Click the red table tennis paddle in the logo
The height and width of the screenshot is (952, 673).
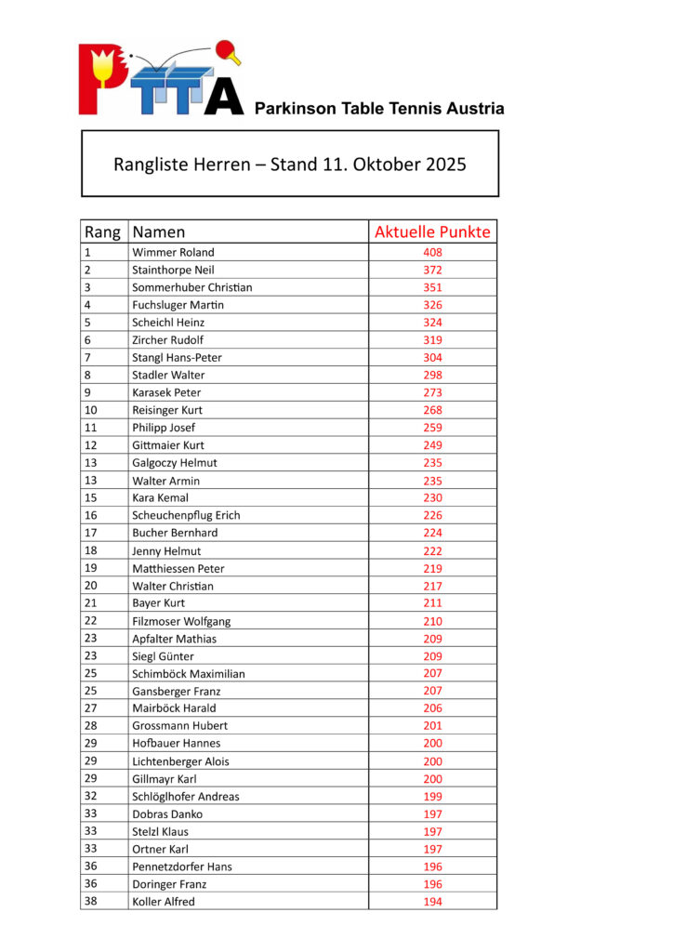[x=226, y=49]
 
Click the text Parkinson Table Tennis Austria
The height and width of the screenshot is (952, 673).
[x=379, y=108]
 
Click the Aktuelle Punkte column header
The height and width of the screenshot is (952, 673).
[x=432, y=231]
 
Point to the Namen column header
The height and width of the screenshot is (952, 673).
[x=159, y=231]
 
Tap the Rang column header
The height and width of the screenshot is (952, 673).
[x=102, y=231]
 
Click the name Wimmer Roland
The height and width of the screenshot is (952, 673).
[x=173, y=252]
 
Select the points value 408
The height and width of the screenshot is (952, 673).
[x=432, y=252]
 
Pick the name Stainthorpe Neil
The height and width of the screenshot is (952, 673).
[x=173, y=270]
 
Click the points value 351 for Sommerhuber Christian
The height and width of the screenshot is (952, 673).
[x=432, y=287]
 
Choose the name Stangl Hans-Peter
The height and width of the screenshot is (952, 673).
[x=177, y=357]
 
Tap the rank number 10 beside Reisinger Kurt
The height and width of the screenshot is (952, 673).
[x=91, y=410]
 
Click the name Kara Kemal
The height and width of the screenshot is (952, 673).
[x=160, y=497]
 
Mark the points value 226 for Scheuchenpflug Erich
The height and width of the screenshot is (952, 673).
[x=432, y=515]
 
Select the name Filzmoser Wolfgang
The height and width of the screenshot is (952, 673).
[x=181, y=621]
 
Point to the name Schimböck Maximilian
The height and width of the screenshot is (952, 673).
[x=189, y=673]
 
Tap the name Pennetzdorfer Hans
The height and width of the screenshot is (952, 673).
[x=182, y=866]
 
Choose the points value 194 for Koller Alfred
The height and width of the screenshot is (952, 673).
[x=432, y=901]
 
